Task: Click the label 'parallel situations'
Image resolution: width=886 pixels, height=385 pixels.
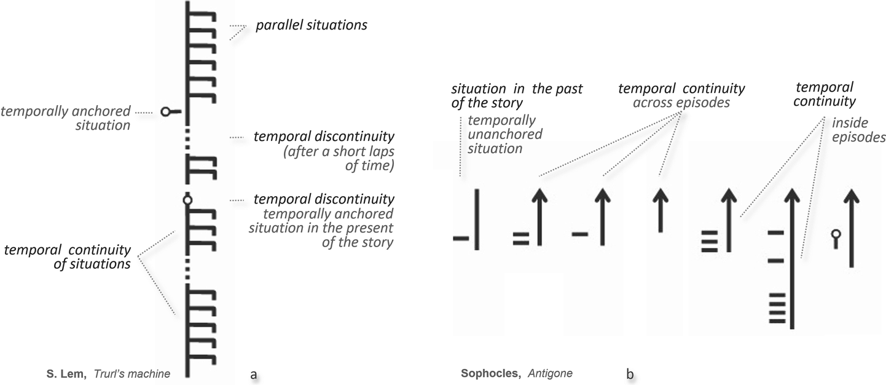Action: [x=312, y=26]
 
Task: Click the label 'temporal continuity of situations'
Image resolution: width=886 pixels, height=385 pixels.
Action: [x=68, y=257]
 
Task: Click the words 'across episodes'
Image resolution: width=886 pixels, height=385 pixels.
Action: [x=681, y=103]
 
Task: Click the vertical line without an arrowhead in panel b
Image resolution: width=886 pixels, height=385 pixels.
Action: [x=477, y=220]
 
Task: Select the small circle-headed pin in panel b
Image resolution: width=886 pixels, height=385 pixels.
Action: [x=834, y=238]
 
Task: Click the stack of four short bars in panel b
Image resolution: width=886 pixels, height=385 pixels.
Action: [x=776, y=309]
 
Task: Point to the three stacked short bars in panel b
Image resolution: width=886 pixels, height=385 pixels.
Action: [x=710, y=240]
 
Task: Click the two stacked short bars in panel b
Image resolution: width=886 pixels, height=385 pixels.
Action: [x=521, y=239]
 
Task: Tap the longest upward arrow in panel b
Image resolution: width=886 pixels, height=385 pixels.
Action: [x=793, y=258]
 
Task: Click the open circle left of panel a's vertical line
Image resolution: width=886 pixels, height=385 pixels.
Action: [x=165, y=112]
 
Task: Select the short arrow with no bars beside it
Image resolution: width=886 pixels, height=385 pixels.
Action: [x=660, y=210]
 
